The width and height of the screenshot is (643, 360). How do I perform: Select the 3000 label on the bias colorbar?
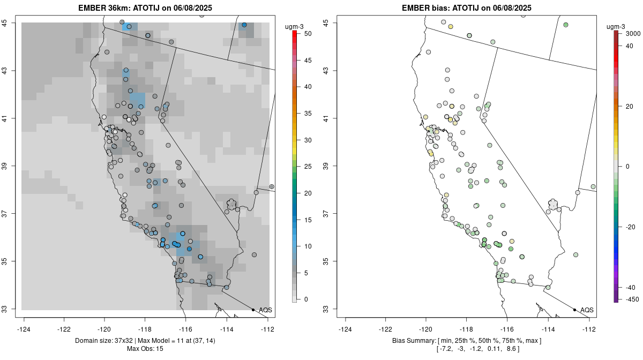[x=633, y=34]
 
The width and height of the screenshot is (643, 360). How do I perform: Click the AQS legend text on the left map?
[x=265, y=310]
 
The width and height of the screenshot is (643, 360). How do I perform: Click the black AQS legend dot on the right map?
[x=574, y=310]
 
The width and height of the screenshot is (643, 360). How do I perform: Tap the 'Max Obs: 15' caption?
[x=145, y=349]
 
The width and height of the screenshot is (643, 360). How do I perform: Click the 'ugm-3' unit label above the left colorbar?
[x=296, y=25]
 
